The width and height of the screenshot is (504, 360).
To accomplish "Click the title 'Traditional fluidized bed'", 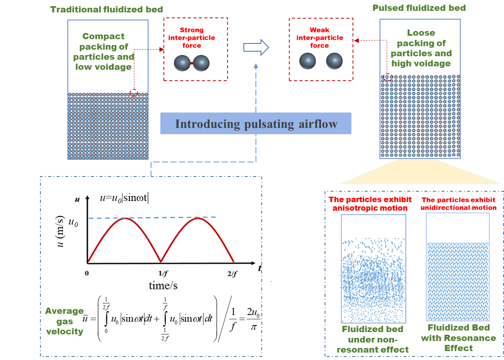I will click(106, 9).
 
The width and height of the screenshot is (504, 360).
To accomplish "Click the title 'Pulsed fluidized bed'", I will click(419, 8).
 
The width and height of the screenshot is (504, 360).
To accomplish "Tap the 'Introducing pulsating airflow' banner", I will click(256, 124).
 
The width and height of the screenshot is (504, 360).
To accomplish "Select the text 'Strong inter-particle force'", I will click(191, 38).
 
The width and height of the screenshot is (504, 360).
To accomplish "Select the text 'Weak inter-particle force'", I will click(320, 38).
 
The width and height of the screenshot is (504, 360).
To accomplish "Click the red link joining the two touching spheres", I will click(191, 63).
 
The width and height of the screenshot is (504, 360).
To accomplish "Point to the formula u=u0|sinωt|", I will click(124, 198).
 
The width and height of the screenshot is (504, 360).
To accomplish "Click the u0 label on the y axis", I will click(73, 222).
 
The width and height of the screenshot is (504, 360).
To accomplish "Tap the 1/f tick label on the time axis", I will click(163, 273).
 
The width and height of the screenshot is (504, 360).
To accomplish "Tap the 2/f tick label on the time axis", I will click(232, 273).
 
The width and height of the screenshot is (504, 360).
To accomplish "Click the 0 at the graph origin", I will click(87, 273).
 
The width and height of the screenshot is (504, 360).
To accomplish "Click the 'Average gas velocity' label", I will click(64, 321).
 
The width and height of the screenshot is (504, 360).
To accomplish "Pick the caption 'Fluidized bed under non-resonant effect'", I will click(372, 339).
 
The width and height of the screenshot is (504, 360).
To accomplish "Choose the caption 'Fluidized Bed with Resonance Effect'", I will click(458, 338).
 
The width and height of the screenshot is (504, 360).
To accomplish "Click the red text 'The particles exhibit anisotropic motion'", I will click(370, 204).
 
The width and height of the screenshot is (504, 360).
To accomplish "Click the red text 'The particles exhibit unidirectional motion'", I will click(458, 204).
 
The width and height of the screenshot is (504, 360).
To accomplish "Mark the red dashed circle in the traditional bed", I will click(134, 93).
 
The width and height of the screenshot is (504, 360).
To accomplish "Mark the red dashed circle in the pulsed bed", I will click(388, 77).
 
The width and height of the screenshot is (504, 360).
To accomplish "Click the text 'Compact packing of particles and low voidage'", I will click(103, 52).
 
